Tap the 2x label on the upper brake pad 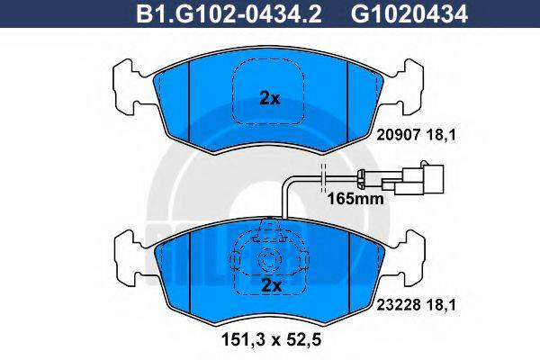(269, 99)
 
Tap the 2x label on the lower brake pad (269, 285)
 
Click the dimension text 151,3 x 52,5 (270, 340)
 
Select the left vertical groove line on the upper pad (189, 103)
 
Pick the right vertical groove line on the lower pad (347, 270)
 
